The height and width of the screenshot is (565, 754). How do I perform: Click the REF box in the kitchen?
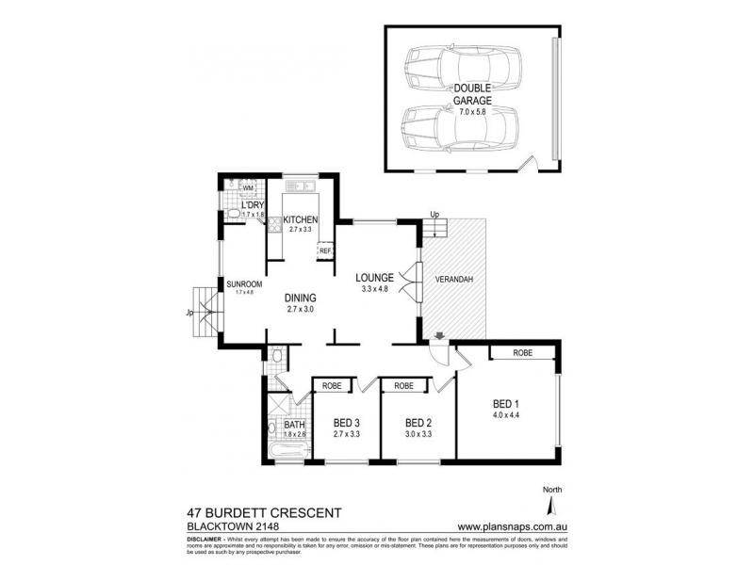coord(325,250)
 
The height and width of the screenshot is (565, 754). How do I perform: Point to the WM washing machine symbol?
coord(235,188)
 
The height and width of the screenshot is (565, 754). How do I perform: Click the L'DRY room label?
coord(252,205)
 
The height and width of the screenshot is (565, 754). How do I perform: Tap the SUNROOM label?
coord(244,283)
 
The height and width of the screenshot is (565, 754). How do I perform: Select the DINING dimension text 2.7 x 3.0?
coord(302,308)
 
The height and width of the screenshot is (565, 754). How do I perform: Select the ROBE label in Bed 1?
coord(525,352)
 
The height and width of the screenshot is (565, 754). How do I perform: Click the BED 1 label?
coord(506,404)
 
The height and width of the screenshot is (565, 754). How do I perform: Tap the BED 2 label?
coord(418,423)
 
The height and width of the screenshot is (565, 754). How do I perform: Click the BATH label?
coord(295,425)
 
